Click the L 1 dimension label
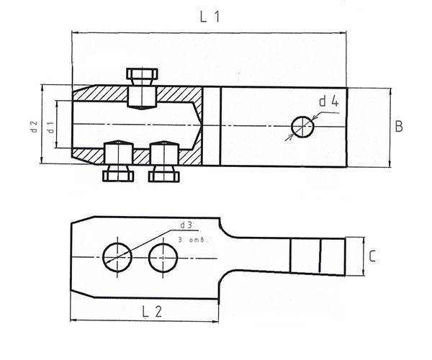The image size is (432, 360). coord(210,17)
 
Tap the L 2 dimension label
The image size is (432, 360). coord(152,312)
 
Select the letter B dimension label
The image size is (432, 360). coord(399,127)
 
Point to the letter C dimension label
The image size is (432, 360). coord(372,256)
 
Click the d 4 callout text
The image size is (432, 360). coord(329,102)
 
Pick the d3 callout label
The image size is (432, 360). coord(186,225)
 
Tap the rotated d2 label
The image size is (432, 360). coord(34,127)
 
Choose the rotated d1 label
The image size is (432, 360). coord(50,127)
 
